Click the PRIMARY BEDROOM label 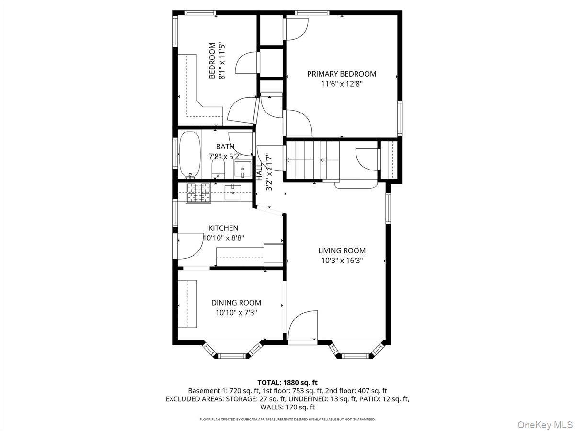pyautogui.click(x=341, y=74)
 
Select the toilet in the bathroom pyautogui.click(x=218, y=168)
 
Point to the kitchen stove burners pyautogui.click(x=198, y=193)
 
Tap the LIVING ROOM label pyautogui.click(x=342, y=250)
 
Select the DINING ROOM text pyautogui.click(x=236, y=303)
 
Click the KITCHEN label pyautogui.click(x=223, y=228)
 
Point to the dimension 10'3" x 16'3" pyautogui.click(x=342, y=261)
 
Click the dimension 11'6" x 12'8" pyautogui.click(x=341, y=84)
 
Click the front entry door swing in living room pyautogui.click(x=303, y=326)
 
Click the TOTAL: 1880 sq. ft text pyautogui.click(x=287, y=382)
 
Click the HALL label pyautogui.click(x=259, y=171)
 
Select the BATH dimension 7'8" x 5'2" pyautogui.click(x=224, y=156)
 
